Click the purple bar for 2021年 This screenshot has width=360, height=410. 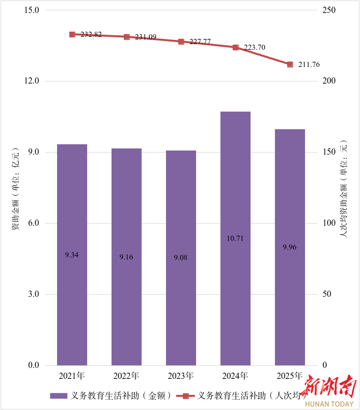[72, 254]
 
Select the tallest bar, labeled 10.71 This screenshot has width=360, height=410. [236, 238]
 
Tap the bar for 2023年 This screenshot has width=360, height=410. [181, 257]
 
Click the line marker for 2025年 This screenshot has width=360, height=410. [290, 64]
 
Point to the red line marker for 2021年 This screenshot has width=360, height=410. [72, 34]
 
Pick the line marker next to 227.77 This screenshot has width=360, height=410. [181, 42]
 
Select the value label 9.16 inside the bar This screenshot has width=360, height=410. [127, 257]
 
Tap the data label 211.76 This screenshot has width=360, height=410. [309, 65]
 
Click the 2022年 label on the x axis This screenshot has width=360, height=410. [127, 376]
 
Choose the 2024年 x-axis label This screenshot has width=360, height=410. [236, 376]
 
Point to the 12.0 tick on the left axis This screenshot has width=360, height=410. [32, 81]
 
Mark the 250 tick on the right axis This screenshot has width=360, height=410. [330, 10]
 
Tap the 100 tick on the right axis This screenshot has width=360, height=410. [330, 223]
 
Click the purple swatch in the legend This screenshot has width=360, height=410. [59, 396]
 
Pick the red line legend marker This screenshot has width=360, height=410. [185, 396]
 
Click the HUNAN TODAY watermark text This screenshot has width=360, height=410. [329, 403]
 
